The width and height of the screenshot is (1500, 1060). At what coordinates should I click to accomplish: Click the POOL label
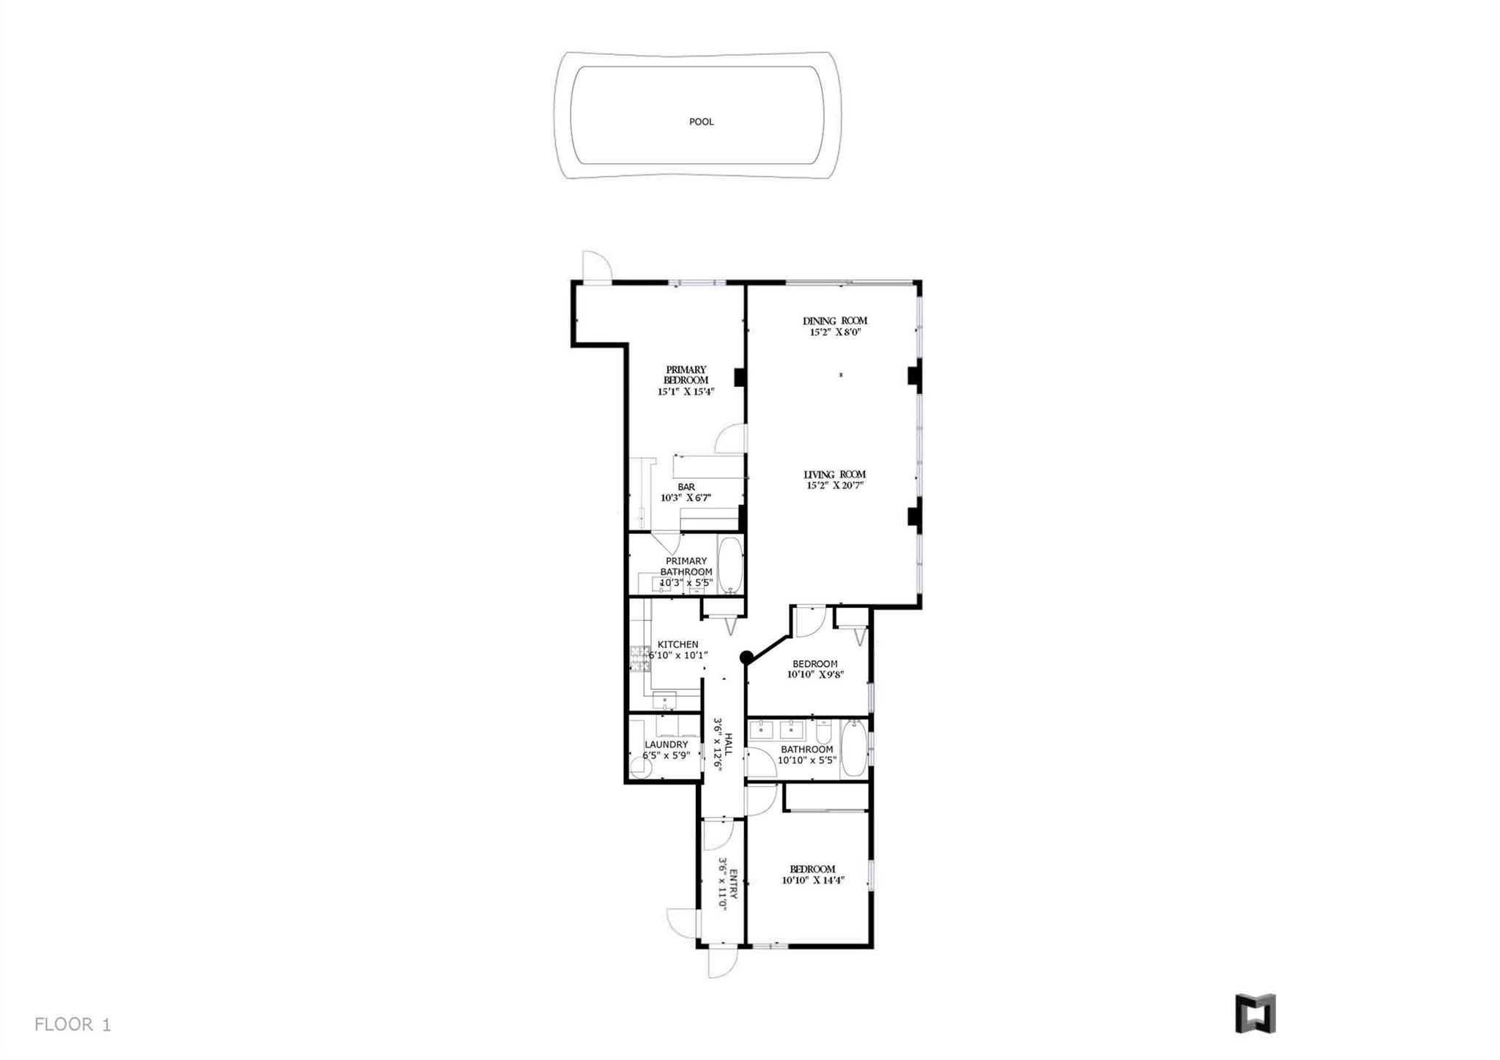(x=701, y=122)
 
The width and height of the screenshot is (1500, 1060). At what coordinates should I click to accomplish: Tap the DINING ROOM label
(x=835, y=321)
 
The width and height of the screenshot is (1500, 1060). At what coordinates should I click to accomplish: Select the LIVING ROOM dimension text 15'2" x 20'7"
(x=835, y=485)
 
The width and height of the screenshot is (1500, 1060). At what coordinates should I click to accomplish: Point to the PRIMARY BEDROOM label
(x=686, y=375)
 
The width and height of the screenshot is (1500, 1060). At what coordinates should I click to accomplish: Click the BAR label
(x=686, y=487)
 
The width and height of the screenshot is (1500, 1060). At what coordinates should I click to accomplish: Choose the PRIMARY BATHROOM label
(x=686, y=566)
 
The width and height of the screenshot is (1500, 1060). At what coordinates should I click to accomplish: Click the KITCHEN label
(x=677, y=645)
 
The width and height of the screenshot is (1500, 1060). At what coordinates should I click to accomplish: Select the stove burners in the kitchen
(x=640, y=659)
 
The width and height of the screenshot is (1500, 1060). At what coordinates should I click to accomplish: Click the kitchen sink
(x=665, y=700)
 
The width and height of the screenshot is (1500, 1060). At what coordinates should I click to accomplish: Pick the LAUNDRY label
(x=667, y=744)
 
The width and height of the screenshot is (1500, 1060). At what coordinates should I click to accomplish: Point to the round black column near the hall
(x=746, y=657)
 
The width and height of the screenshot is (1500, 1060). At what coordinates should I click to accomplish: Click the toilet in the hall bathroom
(x=823, y=732)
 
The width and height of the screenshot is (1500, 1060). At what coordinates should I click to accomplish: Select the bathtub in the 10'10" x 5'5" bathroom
(x=853, y=749)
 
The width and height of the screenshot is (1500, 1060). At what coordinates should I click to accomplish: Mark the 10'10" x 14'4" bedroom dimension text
(x=813, y=881)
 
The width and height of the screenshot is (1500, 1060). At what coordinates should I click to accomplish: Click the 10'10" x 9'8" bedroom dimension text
(x=815, y=675)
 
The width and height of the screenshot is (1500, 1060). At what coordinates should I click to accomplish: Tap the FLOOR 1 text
(x=73, y=1024)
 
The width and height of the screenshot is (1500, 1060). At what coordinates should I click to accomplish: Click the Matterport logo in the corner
(x=1255, y=1014)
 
